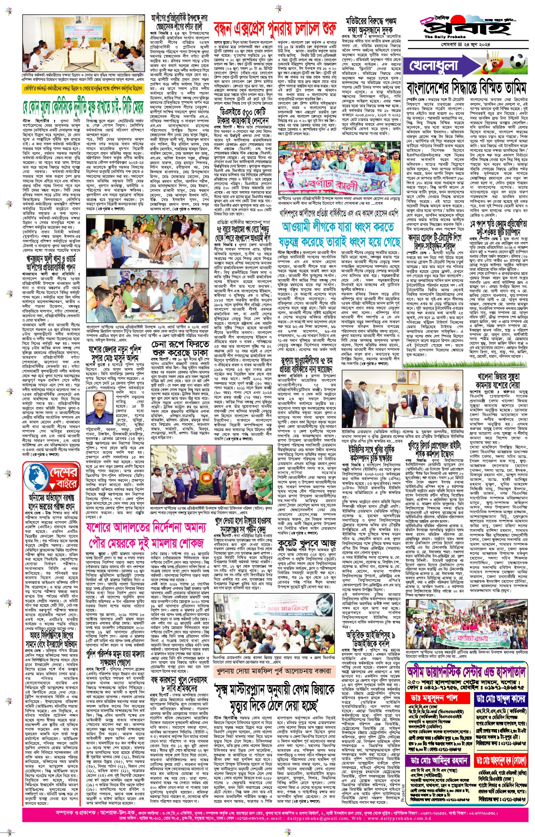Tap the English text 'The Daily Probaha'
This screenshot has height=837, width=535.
click(445, 37)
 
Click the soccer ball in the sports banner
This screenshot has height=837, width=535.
click(518, 60)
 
